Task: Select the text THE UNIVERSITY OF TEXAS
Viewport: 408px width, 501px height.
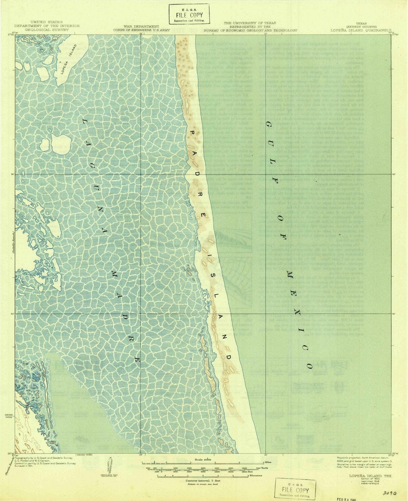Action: tap(250, 23)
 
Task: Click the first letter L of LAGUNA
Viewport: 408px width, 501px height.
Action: tap(85, 121)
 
